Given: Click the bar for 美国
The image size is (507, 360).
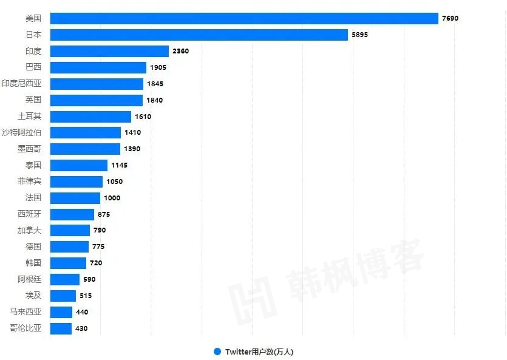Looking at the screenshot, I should [243, 18].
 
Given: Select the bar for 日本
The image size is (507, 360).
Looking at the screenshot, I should [199, 35].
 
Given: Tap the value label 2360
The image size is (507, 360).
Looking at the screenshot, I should [180, 51].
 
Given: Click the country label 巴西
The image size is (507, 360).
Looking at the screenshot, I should [33, 67].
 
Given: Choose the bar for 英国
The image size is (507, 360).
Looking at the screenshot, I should [96, 100].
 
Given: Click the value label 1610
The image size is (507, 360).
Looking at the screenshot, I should [143, 117].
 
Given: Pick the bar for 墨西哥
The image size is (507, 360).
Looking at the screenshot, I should [85, 149].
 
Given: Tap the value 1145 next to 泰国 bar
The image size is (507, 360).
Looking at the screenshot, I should [119, 165].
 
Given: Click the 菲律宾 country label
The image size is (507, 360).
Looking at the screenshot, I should [30, 182].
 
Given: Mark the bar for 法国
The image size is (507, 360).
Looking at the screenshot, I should [75, 198].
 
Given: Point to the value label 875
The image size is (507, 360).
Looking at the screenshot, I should [104, 214].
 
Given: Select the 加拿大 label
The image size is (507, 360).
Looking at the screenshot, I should [30, 230].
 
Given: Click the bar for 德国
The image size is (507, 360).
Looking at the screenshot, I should [69, 246].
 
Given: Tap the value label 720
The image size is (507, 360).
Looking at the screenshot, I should [96, 263].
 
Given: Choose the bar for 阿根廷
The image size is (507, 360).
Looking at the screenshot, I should [64, 279].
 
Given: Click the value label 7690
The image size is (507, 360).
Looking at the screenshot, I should [450, 18].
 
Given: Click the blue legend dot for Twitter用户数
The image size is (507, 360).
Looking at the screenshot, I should [217, 352].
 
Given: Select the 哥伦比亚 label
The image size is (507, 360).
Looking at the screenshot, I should [26, 328].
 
